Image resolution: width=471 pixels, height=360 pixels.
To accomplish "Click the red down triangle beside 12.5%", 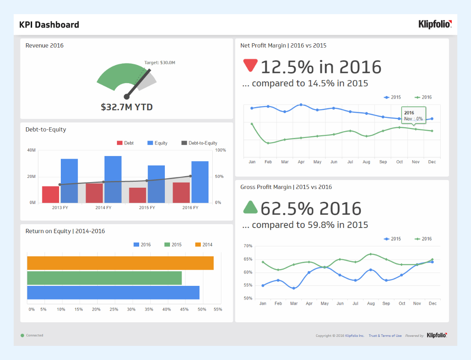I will pos(250,65).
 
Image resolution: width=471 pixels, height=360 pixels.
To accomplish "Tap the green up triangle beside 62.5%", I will pos(250,207).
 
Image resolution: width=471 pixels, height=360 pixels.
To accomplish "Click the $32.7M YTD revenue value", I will pos(127,107).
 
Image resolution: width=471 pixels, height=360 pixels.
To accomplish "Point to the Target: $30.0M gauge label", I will pos(160,63).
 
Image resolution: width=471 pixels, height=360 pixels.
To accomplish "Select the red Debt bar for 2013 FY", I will pos(51,195).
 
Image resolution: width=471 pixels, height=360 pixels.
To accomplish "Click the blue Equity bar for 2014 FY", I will pos(113,179).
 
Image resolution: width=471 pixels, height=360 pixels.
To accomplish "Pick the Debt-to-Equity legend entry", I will pos(200,143).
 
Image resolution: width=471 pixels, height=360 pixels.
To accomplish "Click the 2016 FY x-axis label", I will pos(190,208).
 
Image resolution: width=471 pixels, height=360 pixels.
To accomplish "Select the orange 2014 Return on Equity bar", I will pos(120,263).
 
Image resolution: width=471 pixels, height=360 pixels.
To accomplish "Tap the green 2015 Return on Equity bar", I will pos(104,278).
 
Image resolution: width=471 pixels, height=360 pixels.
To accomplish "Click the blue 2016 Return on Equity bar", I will pos(113,293).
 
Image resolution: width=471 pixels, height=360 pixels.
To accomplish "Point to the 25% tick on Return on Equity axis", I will pos(113,309).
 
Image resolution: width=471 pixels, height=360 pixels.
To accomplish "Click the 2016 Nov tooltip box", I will pos(414,115).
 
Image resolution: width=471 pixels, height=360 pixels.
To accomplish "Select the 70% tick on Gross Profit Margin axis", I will pos(248,246).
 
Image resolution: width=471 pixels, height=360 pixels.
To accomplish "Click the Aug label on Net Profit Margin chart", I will pos(366,162).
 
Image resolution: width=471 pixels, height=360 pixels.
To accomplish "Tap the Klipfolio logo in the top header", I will pos(435,24).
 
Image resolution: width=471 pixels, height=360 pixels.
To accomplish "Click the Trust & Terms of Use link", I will pos(385,336).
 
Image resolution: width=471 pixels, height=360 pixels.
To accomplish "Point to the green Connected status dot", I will pos(22,336).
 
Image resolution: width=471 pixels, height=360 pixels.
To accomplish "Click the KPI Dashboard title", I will pos(49,25).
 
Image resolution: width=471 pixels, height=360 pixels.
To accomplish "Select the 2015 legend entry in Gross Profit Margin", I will pos(392,239).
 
